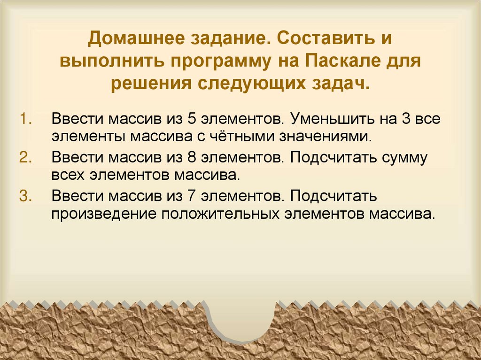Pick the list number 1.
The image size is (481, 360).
click(24, 117)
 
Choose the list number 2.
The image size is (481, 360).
click(24, 157)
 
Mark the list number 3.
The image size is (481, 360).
click(24, 195)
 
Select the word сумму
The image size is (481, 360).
click(404, 157)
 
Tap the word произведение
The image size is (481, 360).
click(103, 214)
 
